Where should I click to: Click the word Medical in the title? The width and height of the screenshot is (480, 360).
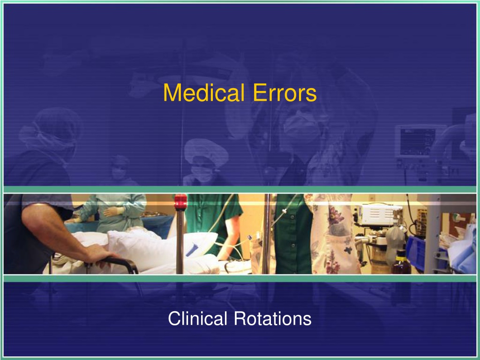coord(204,92)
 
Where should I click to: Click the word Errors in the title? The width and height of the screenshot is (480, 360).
coord(285,92)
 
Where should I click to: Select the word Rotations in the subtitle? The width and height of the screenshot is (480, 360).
coord(273,318)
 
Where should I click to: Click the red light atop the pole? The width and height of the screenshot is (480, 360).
coord(180,201)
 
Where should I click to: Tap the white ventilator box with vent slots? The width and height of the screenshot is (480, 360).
coord(378,216)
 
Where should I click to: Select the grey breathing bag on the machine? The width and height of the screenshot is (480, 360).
coord(395,242)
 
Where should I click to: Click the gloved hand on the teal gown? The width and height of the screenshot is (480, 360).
coord(114,211)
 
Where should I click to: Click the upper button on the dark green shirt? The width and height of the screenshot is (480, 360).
coord(292,217)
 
